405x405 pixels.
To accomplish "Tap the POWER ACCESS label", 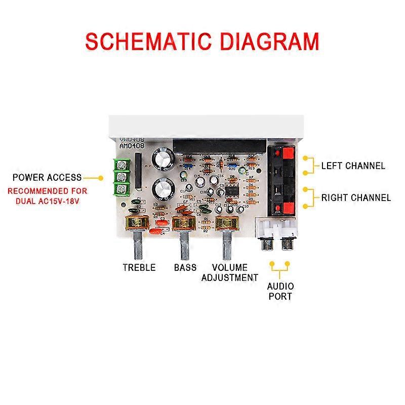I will click(x=47, y=178).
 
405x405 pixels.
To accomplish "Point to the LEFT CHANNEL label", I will click(x=353, y=166).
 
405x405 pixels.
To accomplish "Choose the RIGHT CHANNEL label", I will click(x=356, y=197).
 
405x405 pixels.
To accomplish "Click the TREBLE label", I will click(x=139, y=267).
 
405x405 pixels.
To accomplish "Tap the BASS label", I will click(x=185, y=267).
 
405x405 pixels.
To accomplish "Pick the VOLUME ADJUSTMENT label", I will click(x=229, y=272).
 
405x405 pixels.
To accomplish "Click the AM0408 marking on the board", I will click(x=131, y=146).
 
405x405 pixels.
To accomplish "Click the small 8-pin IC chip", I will click(x=233, y=191).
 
